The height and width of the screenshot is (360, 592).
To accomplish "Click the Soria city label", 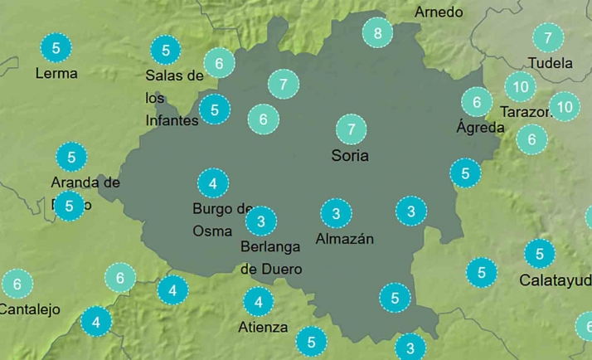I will pos(350,155).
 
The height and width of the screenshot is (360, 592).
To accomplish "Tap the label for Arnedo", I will pos(439,12).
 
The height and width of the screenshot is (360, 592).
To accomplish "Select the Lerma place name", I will pos(56,73).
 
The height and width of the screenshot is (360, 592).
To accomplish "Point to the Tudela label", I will pos(551,63).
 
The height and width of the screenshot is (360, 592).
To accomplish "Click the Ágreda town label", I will pos(480,128).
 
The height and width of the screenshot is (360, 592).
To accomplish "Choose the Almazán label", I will pos(345,239).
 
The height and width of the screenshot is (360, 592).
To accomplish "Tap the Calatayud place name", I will pos(555,280).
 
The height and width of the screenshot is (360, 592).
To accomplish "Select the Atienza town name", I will pos(263,327).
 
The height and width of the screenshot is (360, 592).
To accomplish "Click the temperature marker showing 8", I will pos(378,34).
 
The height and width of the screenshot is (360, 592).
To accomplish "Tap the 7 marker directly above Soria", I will pos(352,129).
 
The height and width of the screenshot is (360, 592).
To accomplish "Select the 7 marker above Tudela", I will pos(547,37).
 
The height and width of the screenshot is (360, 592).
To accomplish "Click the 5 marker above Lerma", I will pos(56,48).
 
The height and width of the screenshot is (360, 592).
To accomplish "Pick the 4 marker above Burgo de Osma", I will pos(213,183).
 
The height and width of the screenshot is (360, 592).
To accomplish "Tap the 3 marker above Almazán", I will pos(336,214).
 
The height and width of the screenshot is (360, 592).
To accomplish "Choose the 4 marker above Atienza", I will pos(259,302).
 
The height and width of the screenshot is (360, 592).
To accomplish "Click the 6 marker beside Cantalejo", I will pos(17,285).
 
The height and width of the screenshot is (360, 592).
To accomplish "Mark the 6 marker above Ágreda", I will pos(477,103).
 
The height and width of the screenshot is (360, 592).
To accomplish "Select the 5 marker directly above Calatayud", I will pos(540,254).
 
